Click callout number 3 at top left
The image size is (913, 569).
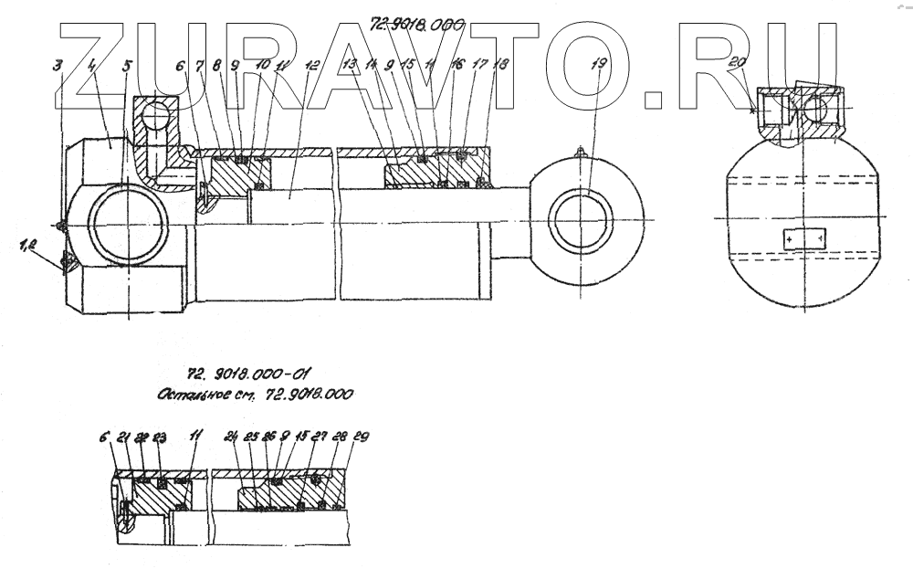click(58, 65)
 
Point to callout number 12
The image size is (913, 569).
click(313, 66)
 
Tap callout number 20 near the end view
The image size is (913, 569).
click(739, 63)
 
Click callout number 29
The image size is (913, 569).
click(361, 437)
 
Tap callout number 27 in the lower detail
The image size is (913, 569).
click(320, 437)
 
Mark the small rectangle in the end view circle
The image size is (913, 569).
click(803, 238)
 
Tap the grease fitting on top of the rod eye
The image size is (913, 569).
click(578, 154)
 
